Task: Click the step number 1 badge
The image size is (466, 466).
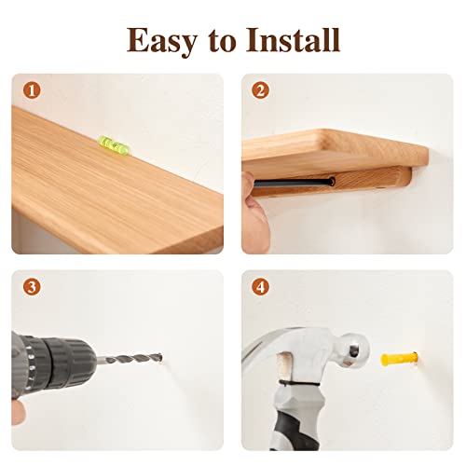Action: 32,90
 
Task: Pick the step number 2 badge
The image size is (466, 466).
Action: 260,90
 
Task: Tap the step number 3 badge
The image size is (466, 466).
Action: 32,287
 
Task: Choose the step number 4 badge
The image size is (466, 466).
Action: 260,287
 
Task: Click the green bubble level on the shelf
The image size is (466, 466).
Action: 115,144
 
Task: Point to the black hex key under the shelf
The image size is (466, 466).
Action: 294,183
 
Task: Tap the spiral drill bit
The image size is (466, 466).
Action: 130,359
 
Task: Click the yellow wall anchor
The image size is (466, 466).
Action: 399,359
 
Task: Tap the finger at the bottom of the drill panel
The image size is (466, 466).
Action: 18,412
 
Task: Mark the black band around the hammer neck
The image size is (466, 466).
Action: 299,384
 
